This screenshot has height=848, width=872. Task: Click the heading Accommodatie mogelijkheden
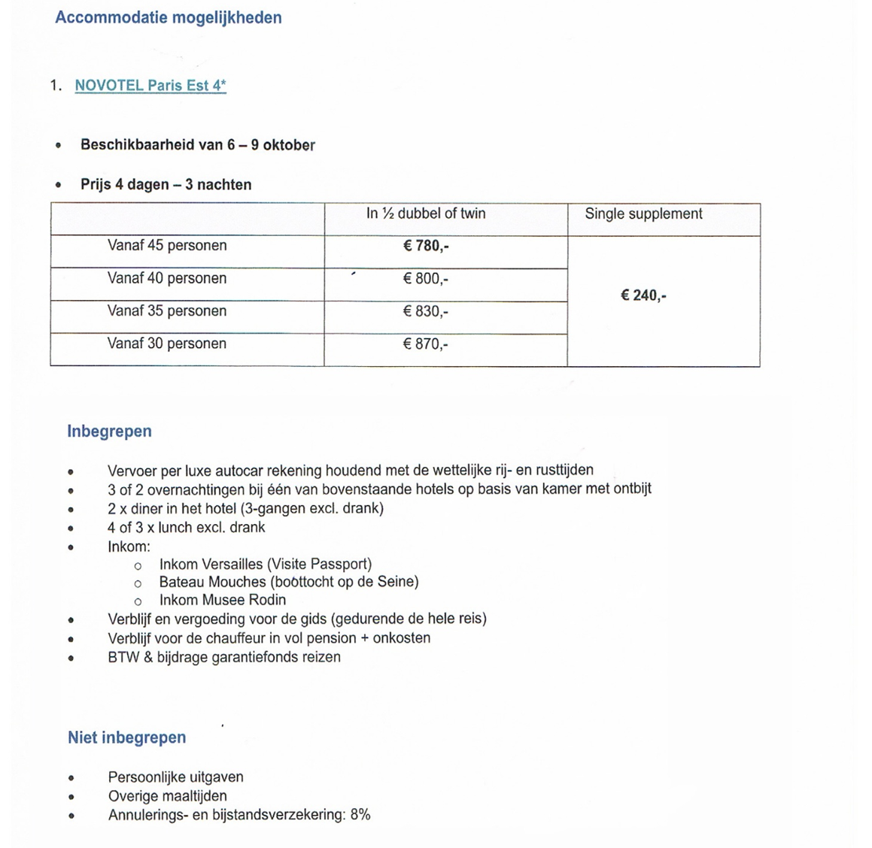tap(168, 17)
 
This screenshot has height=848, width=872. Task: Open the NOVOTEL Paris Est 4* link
tap(150, 86)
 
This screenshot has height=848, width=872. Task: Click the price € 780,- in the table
tap(426, 246)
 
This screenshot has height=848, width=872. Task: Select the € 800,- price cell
tap(426, 279)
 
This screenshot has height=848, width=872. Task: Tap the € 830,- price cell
tap(426, 311)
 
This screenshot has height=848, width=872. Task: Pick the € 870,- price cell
tap(426, 344)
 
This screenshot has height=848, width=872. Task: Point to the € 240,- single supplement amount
tap(643, 295)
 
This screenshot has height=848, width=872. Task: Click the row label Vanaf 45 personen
tap(167, 246)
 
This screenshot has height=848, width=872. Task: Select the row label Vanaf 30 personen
tap(167, 344)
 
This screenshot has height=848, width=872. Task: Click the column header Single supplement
tap(643, 214)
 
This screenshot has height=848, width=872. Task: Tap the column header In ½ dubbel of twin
tap(426, 214)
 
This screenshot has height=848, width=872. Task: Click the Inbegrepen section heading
tap(109, 432)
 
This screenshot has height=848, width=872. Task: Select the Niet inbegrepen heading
tap(126, 737)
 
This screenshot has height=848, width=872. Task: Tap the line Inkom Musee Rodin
tap(222, 600)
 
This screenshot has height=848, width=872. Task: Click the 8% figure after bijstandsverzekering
tap(360, 815)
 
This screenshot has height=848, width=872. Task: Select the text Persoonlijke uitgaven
tap(175, 777)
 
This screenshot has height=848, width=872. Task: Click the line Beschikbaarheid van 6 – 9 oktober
tap(198, 145)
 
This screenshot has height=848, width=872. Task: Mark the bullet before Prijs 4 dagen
tap(59, 185)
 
